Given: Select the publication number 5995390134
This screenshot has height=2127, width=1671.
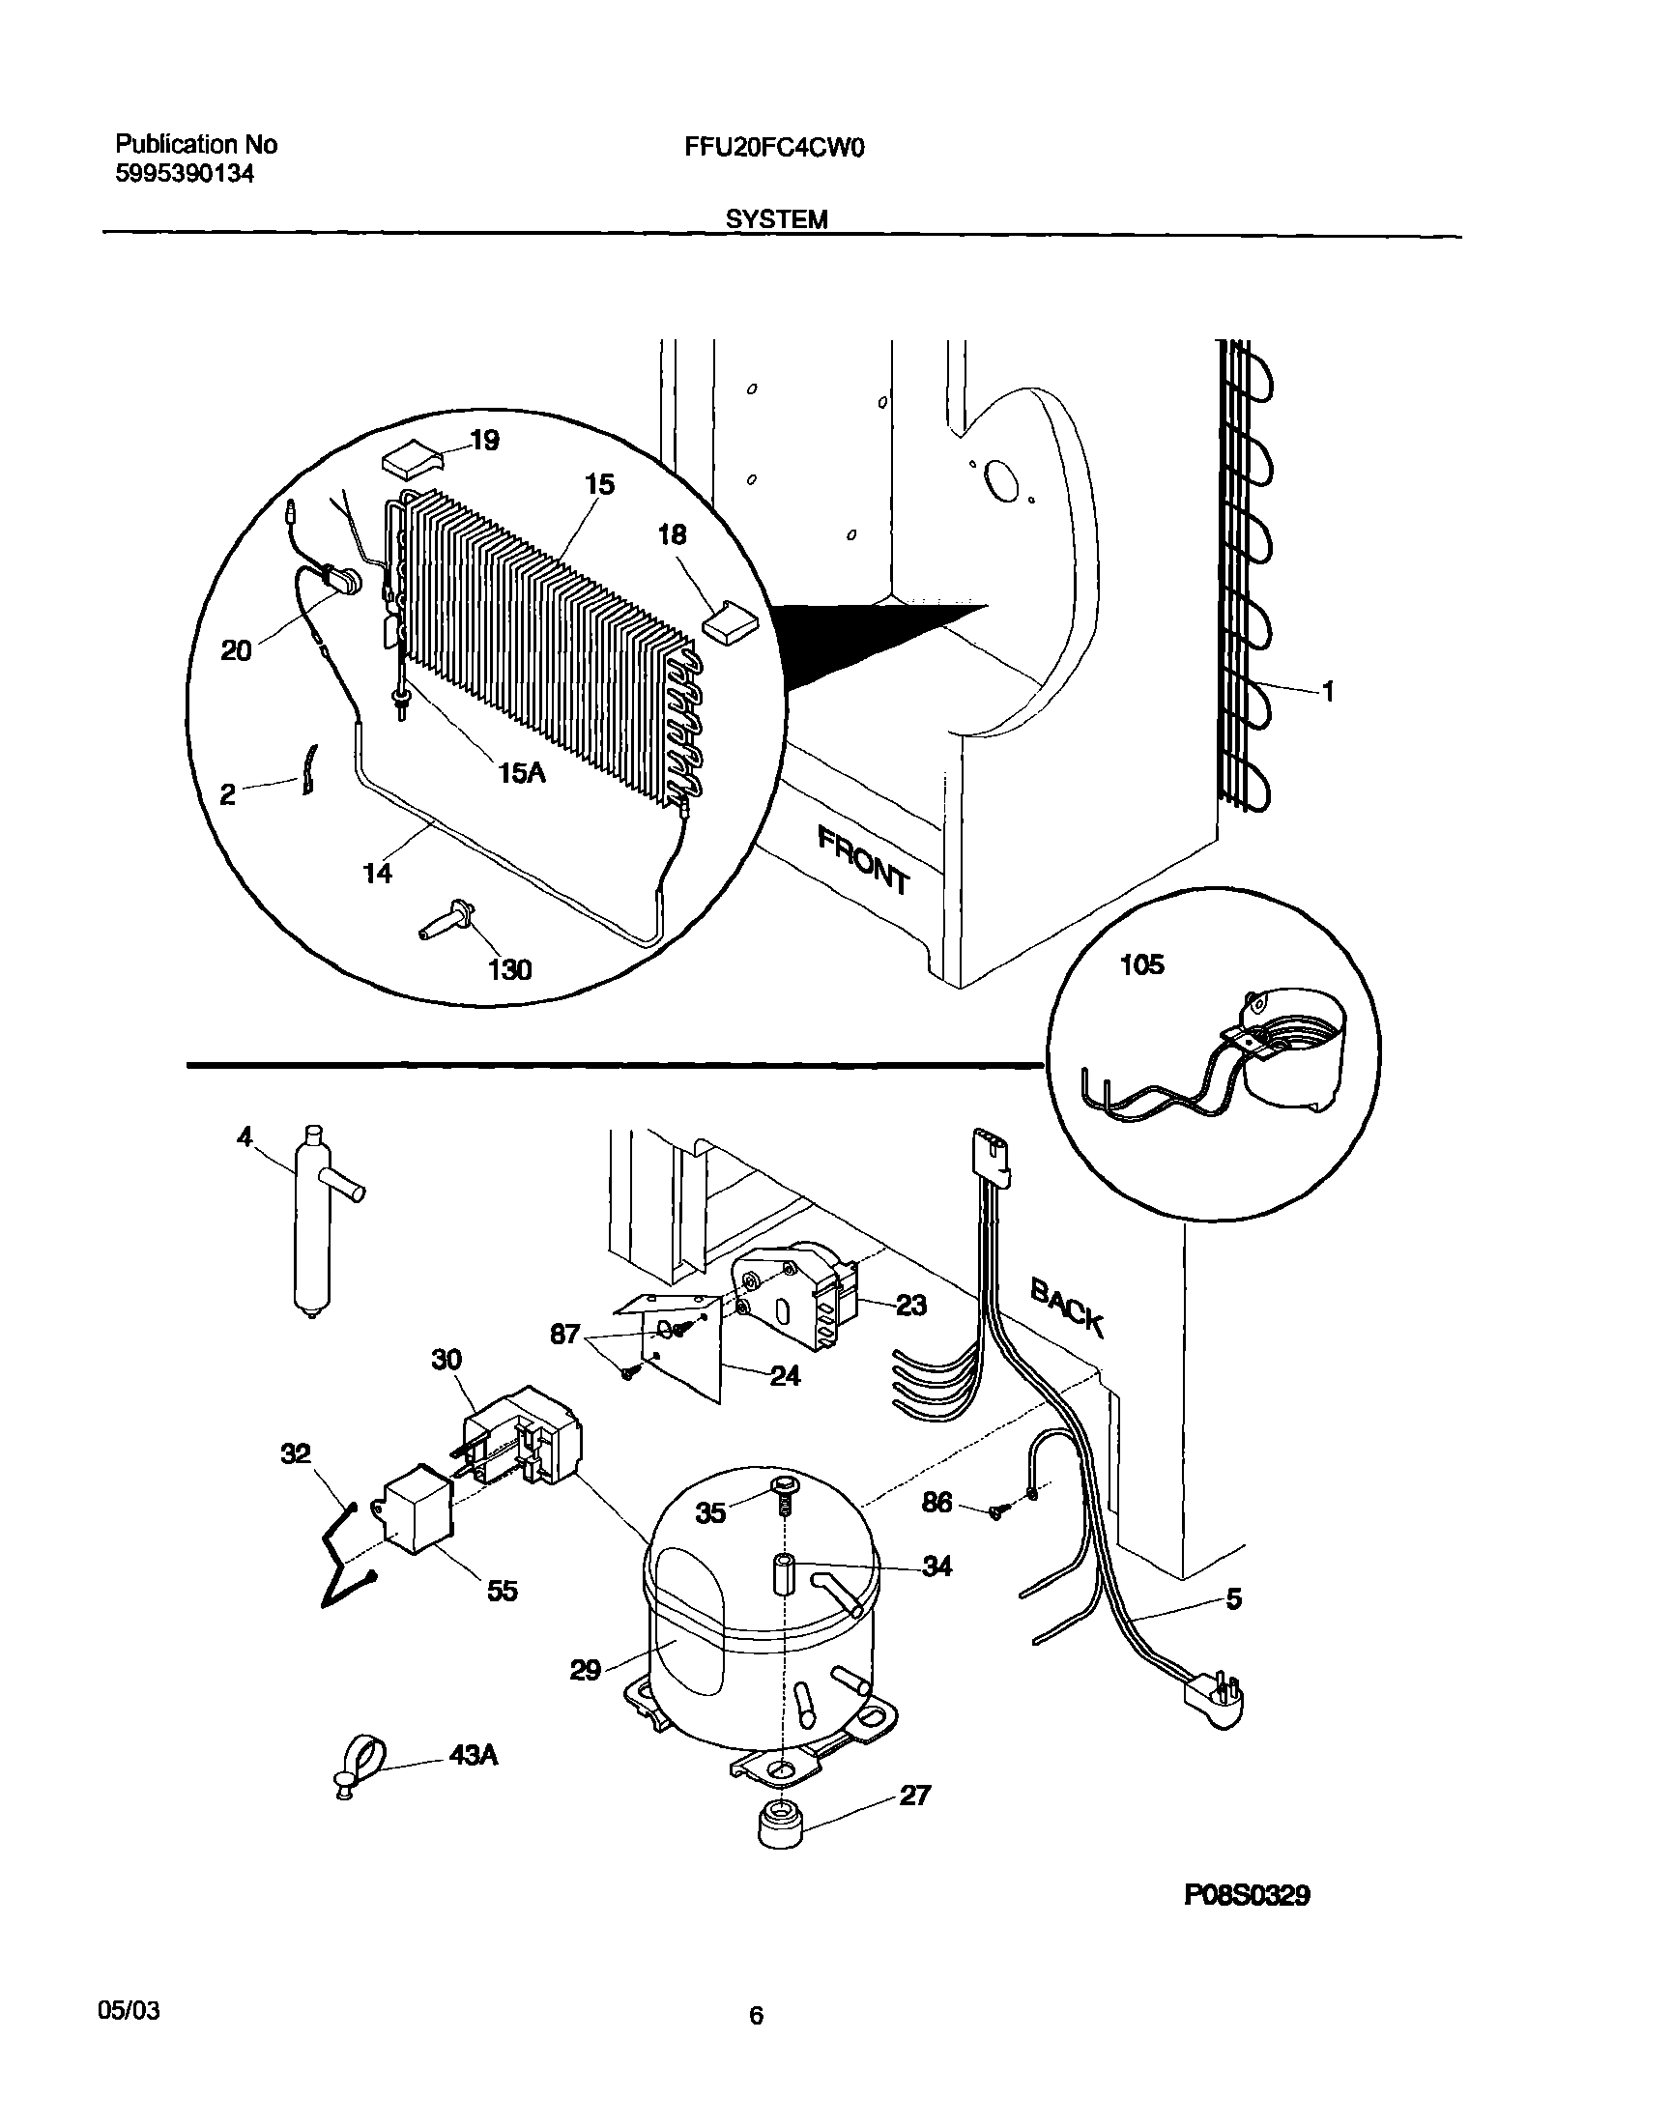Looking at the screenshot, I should coord(185,174).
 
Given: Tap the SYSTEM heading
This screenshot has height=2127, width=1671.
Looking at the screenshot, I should coord(777,220).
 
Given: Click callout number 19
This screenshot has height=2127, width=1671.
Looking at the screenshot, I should coord(484,441).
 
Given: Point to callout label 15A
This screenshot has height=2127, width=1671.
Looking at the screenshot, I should coord(521,772).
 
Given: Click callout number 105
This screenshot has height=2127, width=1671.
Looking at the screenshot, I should coord(1141,965).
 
